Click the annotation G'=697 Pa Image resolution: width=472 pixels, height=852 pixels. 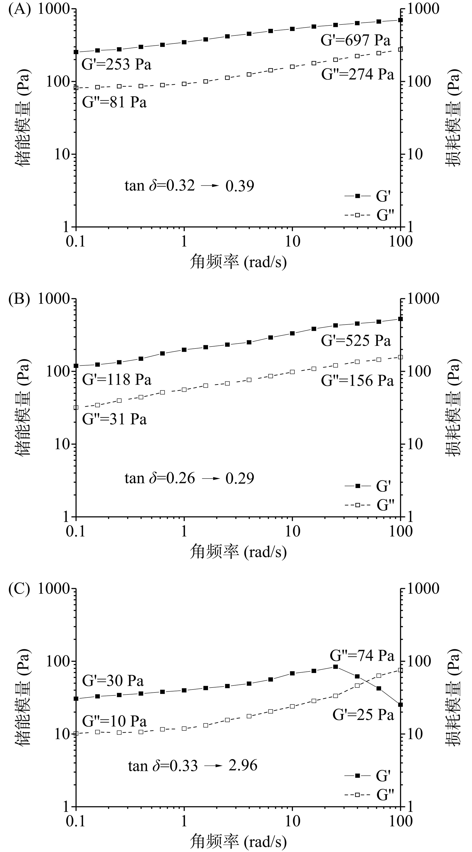[x=355, y=40]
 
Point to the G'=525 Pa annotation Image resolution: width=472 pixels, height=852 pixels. [x=356, y=341]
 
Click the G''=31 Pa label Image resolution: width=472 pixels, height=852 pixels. [x=114, y=419]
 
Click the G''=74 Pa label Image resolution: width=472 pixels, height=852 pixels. [x=362, y=655]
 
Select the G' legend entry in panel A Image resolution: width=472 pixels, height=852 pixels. [x=368, y=196]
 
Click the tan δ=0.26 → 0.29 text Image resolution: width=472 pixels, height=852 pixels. [x=189, y=478]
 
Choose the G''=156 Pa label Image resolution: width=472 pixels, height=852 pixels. [x=357, y=381]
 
